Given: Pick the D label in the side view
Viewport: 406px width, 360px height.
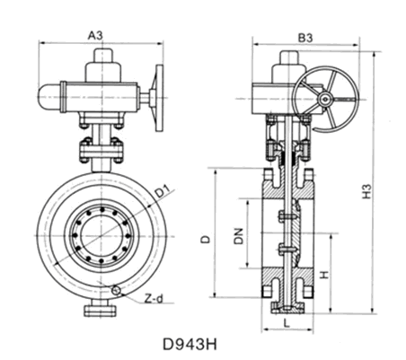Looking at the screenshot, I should [206, 238].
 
